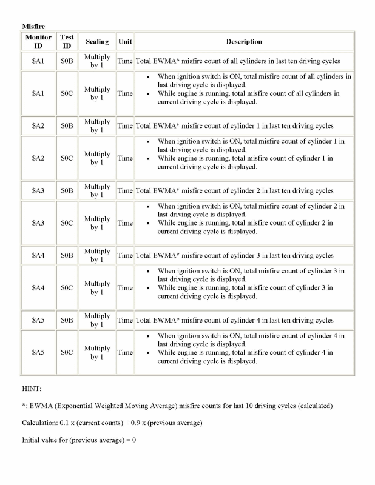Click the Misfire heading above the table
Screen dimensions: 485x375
[33, 27]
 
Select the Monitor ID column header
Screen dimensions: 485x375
[38, 41]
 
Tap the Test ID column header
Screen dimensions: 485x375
[67, 41]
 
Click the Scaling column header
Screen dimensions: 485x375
[97, 42]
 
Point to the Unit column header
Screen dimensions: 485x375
[125, 42]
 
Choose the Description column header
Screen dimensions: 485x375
[244, 42]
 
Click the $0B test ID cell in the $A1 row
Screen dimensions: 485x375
[67, 61]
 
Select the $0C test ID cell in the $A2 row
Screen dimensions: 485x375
[67, 158]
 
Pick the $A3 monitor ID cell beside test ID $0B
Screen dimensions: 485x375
[38, 190]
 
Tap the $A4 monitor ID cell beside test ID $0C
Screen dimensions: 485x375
[38, 288]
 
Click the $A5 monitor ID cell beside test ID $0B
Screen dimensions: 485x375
[38, 320]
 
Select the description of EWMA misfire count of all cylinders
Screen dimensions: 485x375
[237, 61]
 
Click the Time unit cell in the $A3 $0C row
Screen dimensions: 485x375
[125, 223]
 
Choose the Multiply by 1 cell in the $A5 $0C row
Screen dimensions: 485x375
[97, 352]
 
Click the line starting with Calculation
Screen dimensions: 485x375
[112, 423]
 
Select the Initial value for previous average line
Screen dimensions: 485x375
[79, 440]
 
